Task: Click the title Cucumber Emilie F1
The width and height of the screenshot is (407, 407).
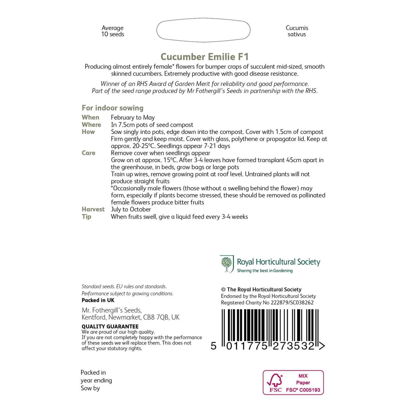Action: tap(205, 57)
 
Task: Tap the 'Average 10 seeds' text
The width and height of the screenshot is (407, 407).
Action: tap(113, 31)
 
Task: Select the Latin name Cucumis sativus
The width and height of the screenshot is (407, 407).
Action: tap(297, 31)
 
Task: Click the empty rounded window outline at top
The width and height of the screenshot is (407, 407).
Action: tap(203, 30)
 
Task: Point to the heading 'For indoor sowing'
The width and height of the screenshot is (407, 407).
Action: tap(113, 108)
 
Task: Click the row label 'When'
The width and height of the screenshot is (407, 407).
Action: tap(90, 117)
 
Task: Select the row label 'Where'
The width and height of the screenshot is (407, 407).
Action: tap(91, 125)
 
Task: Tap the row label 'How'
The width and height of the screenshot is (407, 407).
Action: tap(88, 132)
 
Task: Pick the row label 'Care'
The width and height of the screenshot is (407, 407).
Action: tap(88, 153)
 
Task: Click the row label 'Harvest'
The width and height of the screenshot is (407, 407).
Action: tap(93, 209)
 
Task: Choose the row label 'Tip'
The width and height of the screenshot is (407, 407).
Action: tap(86, 217)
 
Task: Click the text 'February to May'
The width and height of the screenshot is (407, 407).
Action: tap(133, 117)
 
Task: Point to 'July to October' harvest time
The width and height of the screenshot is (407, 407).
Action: tap(131, 209)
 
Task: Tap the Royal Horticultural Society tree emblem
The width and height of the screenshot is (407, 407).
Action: tap(227, 264)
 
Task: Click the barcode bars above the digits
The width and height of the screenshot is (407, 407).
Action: tap(270, 326)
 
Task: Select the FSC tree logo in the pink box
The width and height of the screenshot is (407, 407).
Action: tap(275, 380)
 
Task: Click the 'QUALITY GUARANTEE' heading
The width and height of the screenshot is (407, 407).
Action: tap(110, 326)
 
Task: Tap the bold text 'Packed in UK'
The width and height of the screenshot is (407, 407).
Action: tap(98, 300)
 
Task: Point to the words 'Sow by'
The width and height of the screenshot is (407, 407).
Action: tap(90, 388)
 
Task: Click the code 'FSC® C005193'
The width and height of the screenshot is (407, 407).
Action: tap(303, 390)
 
